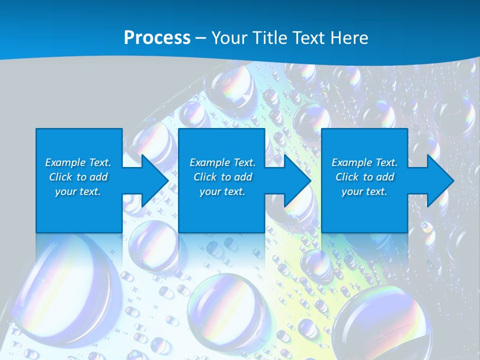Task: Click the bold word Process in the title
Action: coord(157,38)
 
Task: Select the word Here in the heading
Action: coord(349,38)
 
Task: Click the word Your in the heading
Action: coord(230,38)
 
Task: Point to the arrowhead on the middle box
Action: coord(297,180)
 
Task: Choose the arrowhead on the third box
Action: coord(440,180)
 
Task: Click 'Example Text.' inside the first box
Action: coord(78,162)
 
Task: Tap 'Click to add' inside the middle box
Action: coord(222,177)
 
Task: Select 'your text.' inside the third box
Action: coord(364,191)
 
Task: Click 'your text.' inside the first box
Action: coord(78,191)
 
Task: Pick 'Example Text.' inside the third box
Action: coord(364,162)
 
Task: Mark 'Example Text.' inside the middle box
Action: coord(222,162)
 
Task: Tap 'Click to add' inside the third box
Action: coord(364,177)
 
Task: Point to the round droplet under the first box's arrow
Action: coord(152,245)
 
